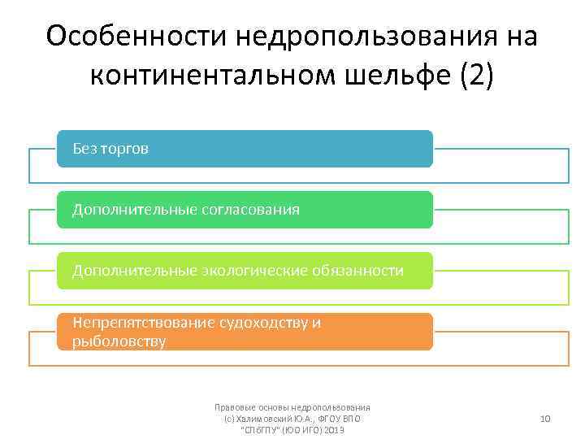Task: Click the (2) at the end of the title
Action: (476, 76)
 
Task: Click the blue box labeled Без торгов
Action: (244, 149)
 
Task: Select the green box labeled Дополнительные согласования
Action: (244, 210)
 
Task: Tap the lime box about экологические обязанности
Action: (244, 270)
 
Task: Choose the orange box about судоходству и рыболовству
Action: (244, 332)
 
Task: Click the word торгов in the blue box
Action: (125, 149)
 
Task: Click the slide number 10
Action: (545, 419)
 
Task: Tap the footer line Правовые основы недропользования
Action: (292, 407)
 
